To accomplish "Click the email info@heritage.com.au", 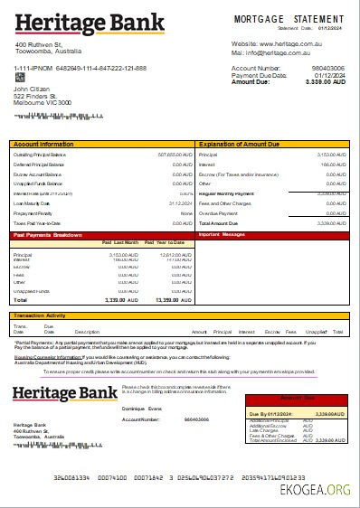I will pos(289,52).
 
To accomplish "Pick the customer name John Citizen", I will pos(33,89).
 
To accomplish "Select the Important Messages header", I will pos(222,235).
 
